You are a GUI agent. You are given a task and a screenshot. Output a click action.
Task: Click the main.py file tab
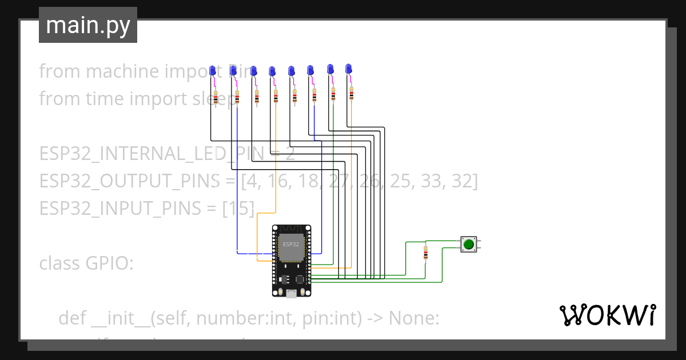click(87, 25)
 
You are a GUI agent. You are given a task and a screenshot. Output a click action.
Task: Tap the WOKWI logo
click(608, 315)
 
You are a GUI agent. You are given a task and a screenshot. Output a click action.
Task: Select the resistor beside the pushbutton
click(426, 253)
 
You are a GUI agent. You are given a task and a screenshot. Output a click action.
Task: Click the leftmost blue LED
click(213, 70)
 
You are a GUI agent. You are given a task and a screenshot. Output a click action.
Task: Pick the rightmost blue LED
click(348, 69)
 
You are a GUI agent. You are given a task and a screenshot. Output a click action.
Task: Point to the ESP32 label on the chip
click(290, 244)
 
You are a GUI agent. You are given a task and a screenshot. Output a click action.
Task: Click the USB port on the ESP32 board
click(291, 294)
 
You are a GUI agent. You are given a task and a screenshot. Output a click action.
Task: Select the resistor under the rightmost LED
click(351, 93)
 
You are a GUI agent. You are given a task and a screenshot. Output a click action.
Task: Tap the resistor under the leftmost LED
click(216, 98)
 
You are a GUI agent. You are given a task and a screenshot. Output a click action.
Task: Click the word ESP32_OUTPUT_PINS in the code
click(129, 181)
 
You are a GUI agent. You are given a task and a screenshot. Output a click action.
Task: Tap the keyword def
click(71, 318)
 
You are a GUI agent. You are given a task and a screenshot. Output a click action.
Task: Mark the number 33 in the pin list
click(430, 181)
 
